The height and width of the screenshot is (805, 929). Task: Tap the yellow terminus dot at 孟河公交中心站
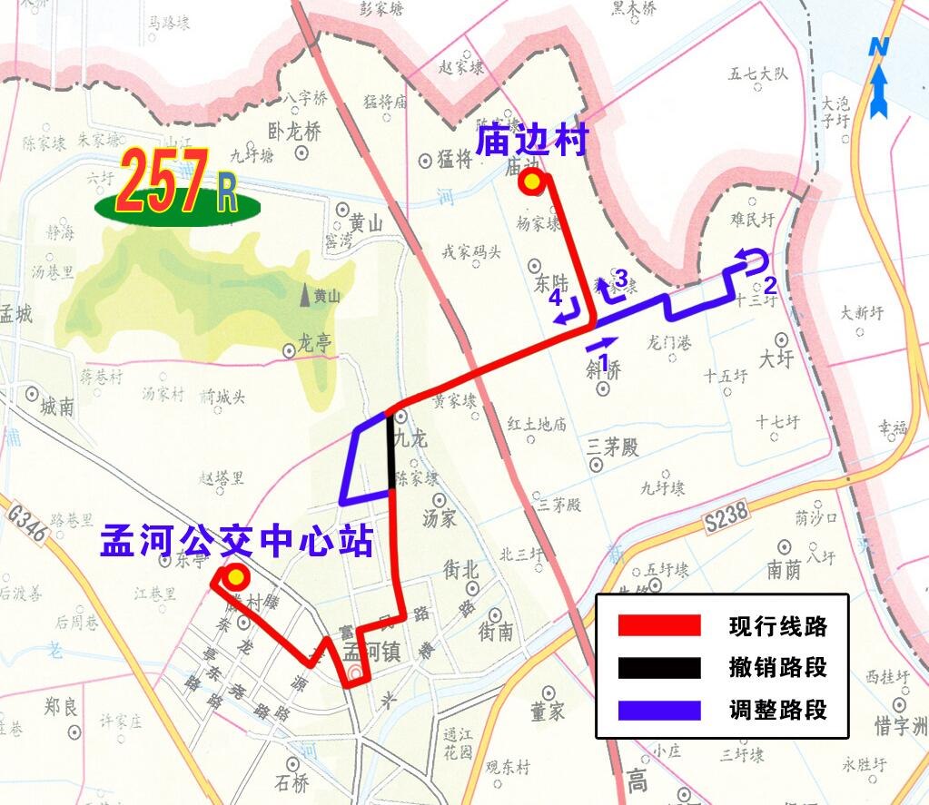236,577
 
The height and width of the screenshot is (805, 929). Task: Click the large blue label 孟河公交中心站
236,542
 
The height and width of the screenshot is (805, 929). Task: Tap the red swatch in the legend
659,626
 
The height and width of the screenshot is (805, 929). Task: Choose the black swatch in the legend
659,668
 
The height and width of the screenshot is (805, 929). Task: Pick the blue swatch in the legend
659,710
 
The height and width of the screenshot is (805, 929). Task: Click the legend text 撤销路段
777,669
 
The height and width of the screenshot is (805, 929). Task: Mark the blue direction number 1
602,359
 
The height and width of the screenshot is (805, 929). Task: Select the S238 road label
726,515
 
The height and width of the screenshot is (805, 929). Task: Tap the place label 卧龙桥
295,132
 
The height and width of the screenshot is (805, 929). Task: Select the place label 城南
57,407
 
